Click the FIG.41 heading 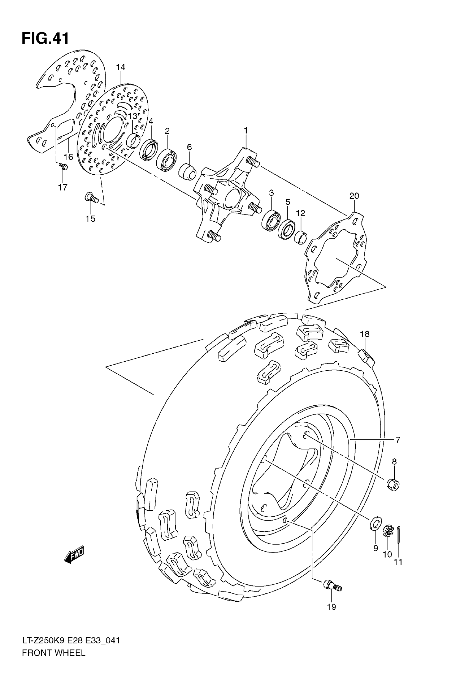tap(45, 38)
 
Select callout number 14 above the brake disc tap(121, 67)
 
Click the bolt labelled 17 tap(63, 166)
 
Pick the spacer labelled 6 tap(187, 171)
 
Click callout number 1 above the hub tap(246, 130)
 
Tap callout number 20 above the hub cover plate tap(354, 196)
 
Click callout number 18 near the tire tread tap(365, 334)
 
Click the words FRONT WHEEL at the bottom tap(54, 661)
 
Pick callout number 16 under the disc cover tap(68, 157)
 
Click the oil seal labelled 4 tap(149, 150)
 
